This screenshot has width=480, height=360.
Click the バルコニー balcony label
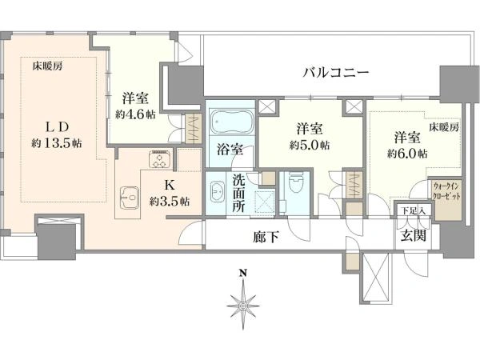click(x=335, y=73)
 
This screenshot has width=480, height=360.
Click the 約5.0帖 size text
click(x=310, y=145)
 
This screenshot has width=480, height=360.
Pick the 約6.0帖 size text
click(x=403, y=152)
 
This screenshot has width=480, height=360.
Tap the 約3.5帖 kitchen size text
click(x=169, y=201)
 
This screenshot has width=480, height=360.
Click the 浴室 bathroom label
click(x=230, y=149)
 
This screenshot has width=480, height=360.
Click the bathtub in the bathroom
click(x=230, y=124)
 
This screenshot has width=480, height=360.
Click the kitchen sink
click(x=128, y=195)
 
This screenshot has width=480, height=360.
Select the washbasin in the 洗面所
click(x=218, y=192)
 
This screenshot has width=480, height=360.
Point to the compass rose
click(x=242, y=305)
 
